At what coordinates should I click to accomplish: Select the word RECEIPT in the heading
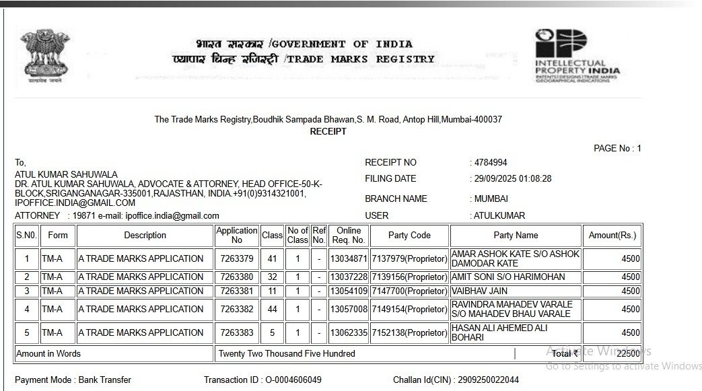pos(328,131)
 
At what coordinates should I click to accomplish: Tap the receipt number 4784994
pos(491,162)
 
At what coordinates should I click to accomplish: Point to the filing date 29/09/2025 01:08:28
pos(513,179)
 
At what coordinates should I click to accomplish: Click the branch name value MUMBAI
pos(491,199)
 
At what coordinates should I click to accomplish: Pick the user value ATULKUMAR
pos(499,216)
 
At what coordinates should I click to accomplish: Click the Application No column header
pos(237,235)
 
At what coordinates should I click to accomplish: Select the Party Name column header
pos(516,235)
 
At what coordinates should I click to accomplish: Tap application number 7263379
pos(237,258)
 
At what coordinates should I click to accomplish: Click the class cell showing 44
pos(272,309)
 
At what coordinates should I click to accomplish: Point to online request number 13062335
pos(348,332)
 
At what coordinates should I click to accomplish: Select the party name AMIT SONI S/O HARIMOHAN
pos(508,277)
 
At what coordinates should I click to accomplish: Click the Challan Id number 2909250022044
pos(488,380)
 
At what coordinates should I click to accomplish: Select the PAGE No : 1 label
pos(617,148)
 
